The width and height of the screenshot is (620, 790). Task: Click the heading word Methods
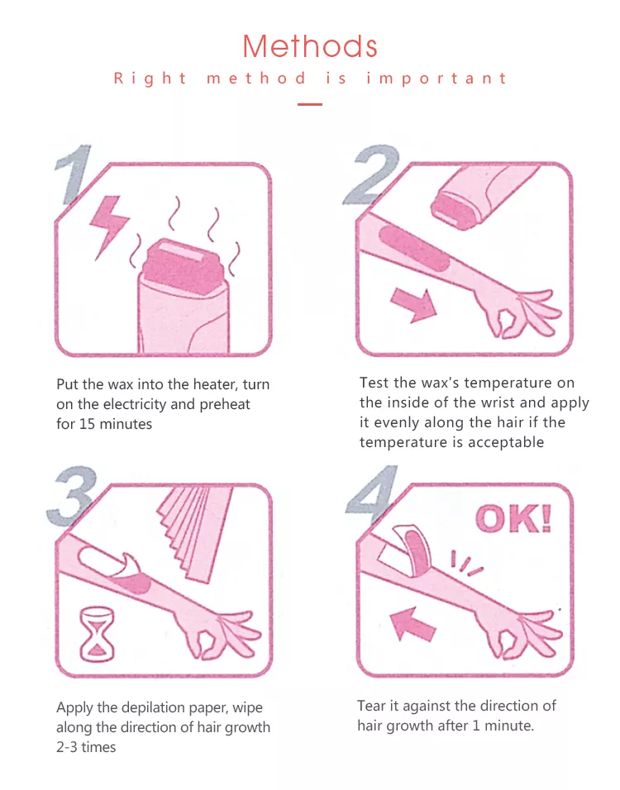[x=309, y=46]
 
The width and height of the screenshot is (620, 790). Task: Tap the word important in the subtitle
[x=436, y=79]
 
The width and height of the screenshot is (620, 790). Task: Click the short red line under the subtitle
[x=309, y=104]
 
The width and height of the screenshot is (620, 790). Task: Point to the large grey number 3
[x=72, y=496]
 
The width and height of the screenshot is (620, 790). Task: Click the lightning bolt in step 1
[x=108, y=226]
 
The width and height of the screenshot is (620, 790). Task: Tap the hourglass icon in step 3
[x=98, y=634]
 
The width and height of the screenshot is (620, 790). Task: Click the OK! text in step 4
[x=513, y=518]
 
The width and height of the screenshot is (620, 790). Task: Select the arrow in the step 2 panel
[x=413, y=305]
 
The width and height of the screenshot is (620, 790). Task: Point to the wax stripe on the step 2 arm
[x=414, y=249]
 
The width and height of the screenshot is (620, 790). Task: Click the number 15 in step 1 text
[x=87, y=424]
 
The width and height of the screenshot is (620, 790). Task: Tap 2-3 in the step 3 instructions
[x=67, y=747]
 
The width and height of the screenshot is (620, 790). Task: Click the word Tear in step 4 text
[x=372, y=706]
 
